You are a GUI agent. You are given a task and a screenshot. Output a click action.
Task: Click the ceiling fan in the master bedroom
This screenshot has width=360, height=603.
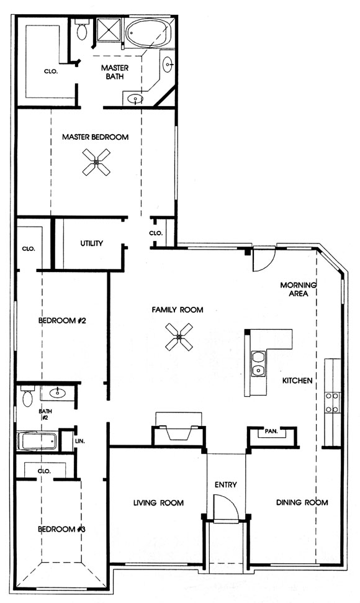[96, 162]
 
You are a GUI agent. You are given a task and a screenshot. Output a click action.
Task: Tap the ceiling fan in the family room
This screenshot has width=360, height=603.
[179, 337]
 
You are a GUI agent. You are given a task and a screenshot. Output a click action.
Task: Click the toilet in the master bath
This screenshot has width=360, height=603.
[81, 30]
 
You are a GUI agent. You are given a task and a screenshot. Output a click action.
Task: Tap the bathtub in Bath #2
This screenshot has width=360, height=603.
[38, 441]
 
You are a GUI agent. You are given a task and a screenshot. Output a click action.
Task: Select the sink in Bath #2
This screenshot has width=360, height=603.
[58, 393]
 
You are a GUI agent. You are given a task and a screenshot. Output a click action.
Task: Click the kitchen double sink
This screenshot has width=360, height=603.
[258, 363]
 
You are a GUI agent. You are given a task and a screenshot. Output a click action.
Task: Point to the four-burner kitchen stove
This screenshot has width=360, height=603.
[333, 402]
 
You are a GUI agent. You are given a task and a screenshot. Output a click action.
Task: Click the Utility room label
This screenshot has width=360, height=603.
[91, 243]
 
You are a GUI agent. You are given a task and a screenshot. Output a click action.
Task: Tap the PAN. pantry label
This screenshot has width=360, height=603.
[271, 432]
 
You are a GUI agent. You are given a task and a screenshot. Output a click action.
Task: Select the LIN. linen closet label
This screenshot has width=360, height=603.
[80, 442]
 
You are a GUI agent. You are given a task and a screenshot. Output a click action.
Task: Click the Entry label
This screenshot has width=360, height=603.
[226, 484]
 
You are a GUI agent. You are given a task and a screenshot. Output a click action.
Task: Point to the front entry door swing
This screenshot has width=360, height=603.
[227, 507]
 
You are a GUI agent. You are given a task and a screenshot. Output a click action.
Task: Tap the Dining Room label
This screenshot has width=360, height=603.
[302, 502]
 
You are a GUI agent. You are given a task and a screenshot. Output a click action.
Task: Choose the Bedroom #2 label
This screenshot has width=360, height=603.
[62, 320]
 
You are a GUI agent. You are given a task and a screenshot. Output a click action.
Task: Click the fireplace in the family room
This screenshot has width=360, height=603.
[178, 429]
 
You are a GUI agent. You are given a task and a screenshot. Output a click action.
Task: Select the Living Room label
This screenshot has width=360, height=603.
[158, 502]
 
